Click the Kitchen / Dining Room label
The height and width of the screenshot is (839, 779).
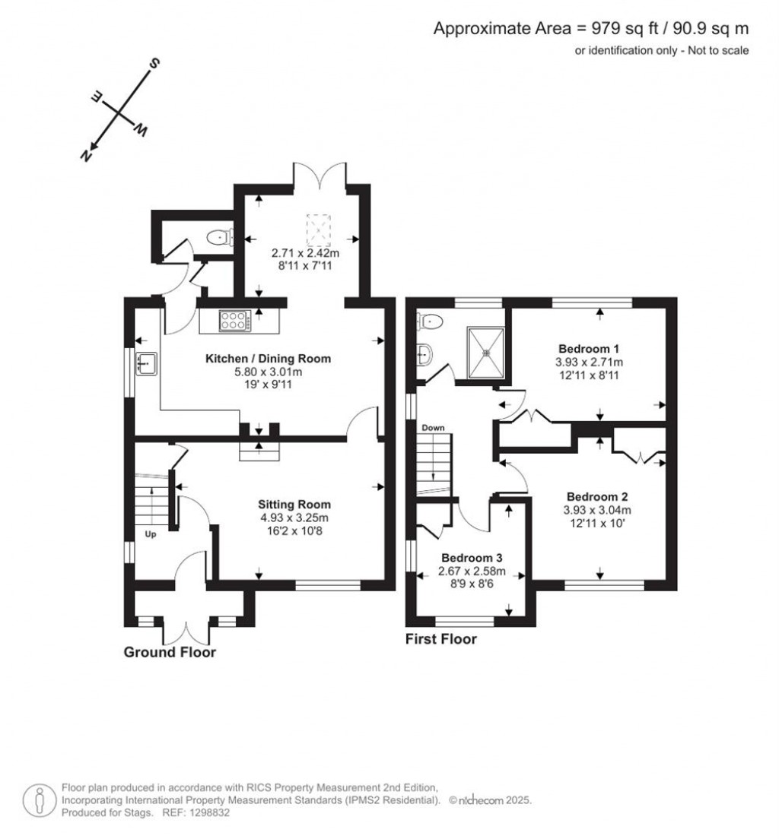click(268, 359)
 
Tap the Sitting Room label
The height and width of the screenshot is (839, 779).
click(294, 504)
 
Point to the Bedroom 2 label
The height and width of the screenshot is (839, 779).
click(597, 496)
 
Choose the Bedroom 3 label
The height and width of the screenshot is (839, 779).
click(472, 558)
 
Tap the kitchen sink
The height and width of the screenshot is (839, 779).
click(146, 363)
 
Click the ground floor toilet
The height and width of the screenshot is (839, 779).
click(220, 237)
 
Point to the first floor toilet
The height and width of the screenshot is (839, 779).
click(430, 321)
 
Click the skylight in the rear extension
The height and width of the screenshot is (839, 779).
click(319, 229)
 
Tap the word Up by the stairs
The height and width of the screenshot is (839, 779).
click(151, 534)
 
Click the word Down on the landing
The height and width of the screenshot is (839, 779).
click(433, 428)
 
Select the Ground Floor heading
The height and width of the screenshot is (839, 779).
click(170, 652)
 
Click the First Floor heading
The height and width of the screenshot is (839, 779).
click(441, 639)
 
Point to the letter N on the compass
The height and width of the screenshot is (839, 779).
click(86, 156)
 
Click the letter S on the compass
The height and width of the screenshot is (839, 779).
click(154, 64)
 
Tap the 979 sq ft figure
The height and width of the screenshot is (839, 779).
click(625, 28)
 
